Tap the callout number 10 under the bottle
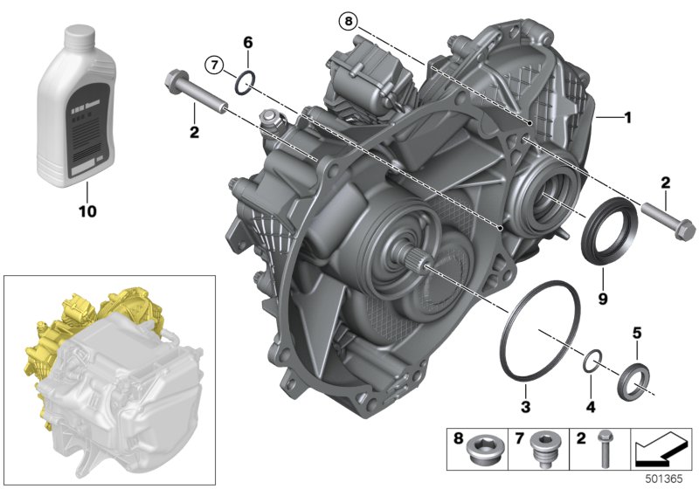coord(87,211)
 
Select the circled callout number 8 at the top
coord(348,21)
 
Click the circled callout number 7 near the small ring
coord(214,65)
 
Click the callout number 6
coord(248,42)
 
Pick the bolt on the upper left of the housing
coord(197,94)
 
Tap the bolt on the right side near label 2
coord(668,220)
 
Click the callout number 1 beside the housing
coord(627,118)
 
